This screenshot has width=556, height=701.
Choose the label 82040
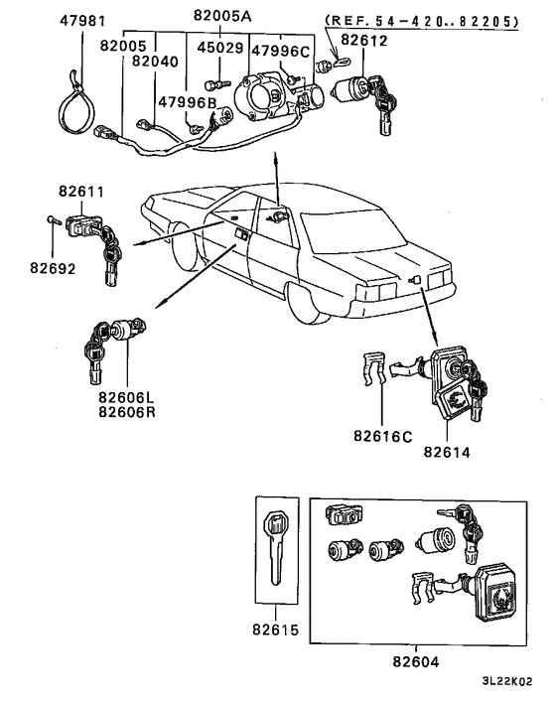154,61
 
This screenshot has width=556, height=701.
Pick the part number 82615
275,631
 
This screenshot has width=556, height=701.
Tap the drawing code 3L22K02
513,684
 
